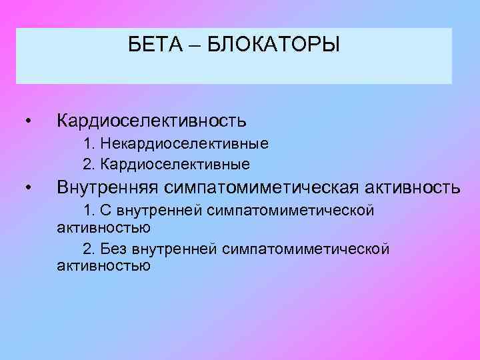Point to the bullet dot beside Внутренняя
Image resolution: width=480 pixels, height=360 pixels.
pyautogui.click(x=28, y=189)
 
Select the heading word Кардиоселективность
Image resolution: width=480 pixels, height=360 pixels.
pyautogui.click(x=152, y=121)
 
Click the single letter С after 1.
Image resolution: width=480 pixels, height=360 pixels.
pyautogui.click(x=107, y=211)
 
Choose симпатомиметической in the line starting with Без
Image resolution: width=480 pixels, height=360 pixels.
pyautogui.click(x=306, y=249)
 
